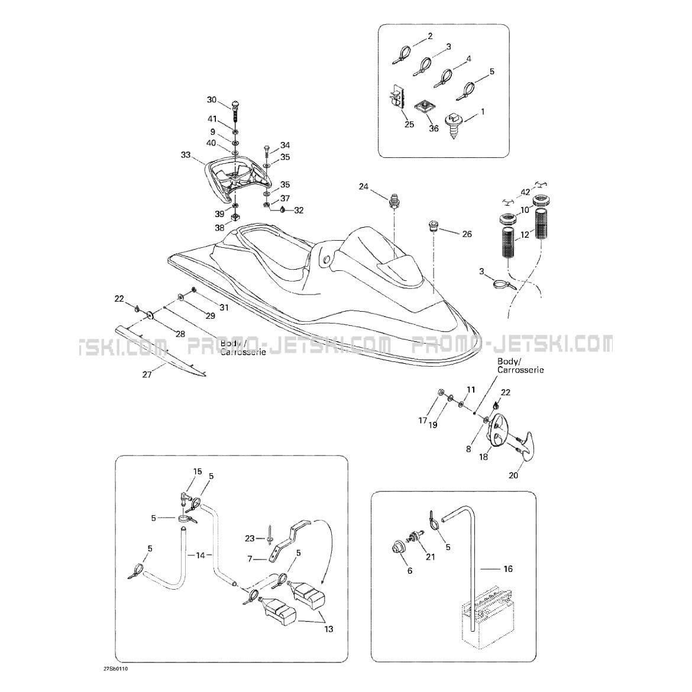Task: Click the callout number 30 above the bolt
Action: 212,100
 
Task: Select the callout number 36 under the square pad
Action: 434,129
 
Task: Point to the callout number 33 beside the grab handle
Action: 186,156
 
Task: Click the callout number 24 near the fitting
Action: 363,187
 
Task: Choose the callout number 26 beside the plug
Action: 467,234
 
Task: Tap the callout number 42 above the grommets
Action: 525,192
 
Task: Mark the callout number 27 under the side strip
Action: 147,374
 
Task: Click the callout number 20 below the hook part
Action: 513,475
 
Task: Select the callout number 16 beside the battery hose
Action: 508,569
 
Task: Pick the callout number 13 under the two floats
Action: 328,629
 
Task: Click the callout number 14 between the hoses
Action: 200,555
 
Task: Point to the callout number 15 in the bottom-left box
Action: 198,471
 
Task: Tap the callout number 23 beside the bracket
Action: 250,538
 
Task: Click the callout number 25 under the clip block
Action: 409,125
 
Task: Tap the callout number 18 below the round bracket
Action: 484,457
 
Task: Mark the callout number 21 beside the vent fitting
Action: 430,557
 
